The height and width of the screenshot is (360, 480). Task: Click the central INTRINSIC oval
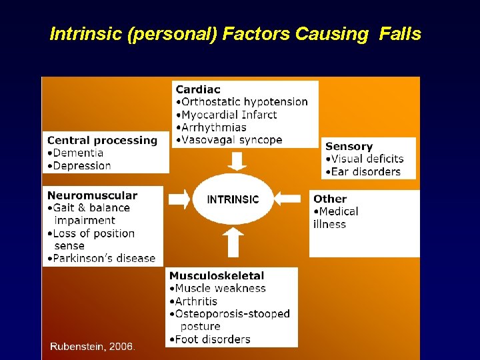pyautogui.click(x=233, y=199)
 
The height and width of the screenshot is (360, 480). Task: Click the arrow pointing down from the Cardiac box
pyautogui.click(x=237, y=161)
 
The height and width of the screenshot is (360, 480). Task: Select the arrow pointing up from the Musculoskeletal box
pyautogui.click(x=233, y=242)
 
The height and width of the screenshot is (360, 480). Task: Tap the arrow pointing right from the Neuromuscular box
pyautogui.click(x=179, y=199)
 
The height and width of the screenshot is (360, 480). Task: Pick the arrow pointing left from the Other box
pyautogui.click(x=288, y=199)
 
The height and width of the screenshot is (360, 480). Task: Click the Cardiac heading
pyautogui.click(x=198, y=89)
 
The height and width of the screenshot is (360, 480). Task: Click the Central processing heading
pyautogui.click(x=103, y=140)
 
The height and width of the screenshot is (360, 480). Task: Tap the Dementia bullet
pyautogui.click(x=77, y=153)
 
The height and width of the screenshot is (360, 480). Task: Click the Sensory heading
pyautogui.click(x=349, y=146)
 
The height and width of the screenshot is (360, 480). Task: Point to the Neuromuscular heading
pyautogui.click(x=92, y=195)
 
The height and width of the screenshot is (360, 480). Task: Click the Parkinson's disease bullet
pyautogui.click(x=103, y=258)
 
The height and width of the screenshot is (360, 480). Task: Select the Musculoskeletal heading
pyautogui.click(x=217, y=275)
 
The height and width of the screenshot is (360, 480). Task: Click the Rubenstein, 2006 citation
pyautogui.click(x=92, y=347)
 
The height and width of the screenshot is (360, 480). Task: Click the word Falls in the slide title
pyautogui.click(x=400, y=34)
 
